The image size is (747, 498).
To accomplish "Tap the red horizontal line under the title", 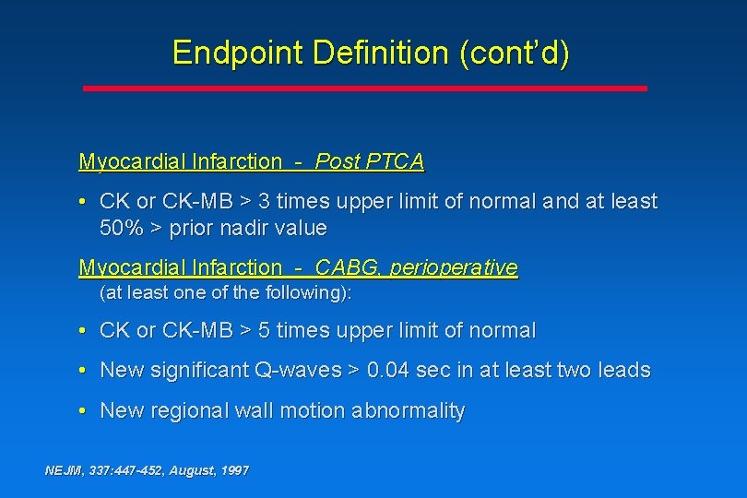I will [365, 88].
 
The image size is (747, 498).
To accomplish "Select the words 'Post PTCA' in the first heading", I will [369, 162].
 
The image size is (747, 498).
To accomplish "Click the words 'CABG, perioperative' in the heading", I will [416, 267].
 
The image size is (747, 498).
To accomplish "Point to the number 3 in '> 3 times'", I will [263, 201].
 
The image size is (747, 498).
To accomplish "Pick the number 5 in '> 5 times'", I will [263, 330].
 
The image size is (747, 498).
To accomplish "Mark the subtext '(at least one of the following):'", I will [226, 293].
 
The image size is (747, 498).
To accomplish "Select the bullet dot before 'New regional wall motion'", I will [83, 410].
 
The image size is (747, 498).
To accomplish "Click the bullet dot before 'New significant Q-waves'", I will [83, 370].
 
